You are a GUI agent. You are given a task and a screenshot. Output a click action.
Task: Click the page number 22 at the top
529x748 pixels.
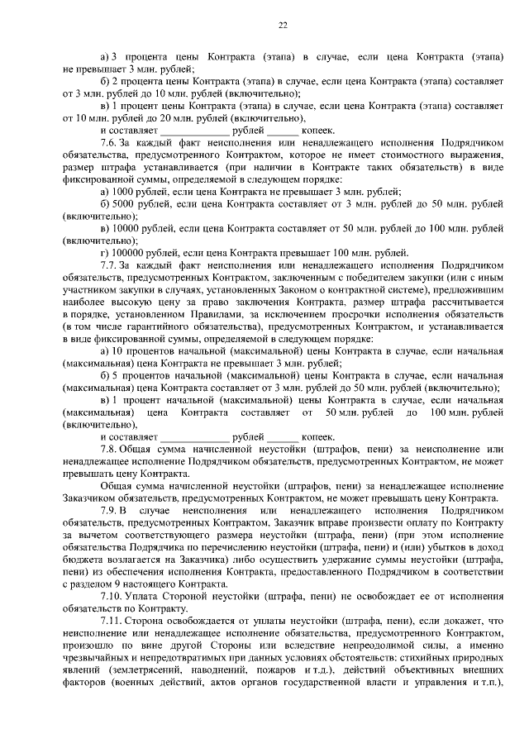(282, 26)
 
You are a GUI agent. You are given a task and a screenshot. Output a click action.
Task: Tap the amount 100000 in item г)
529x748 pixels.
(125, 253)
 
